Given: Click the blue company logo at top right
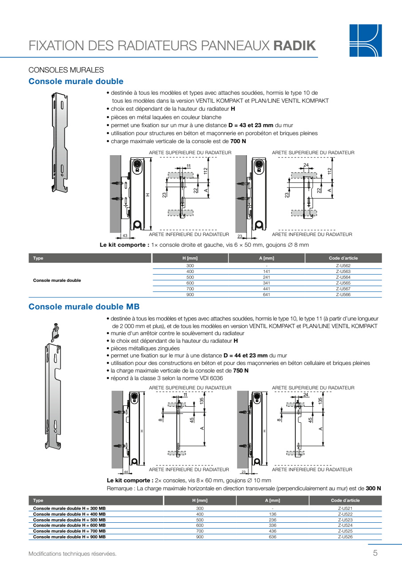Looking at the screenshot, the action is click(x=366, y=40).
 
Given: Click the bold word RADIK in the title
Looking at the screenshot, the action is click(x=295, y=46).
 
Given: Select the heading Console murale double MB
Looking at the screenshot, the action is click(x=84, y=307).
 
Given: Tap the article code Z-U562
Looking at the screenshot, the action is click(x=343, y=266).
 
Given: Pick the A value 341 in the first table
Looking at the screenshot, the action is click(x=267, y=283).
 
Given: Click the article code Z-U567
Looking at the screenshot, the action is click(x=343, y=289).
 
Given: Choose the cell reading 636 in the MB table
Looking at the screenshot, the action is click(x=273, y=537).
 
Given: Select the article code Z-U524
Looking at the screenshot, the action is click(x=345, y=525).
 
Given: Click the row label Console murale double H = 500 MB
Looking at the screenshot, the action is click(x=69, y=520).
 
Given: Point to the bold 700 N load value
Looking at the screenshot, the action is click(x=238, y=141).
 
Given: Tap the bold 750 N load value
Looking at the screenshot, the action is click(x=241, y=371).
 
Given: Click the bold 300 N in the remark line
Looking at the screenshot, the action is click(x=373, y=488).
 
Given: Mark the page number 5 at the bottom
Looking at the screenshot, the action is click(x=375, y=553).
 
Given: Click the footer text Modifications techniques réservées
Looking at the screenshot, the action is click(x=72, y=554).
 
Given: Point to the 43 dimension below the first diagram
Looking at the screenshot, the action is click(x=125, y=236).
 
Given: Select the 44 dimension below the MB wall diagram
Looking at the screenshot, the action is click(x=126, y=472).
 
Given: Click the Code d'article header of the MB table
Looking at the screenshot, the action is click(x=345, y=501).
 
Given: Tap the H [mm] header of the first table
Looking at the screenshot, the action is click(x=190, y=258).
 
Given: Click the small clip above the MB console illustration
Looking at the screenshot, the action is click(x=56, y=332).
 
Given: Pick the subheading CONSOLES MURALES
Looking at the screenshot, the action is click(x=66, y=70).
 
